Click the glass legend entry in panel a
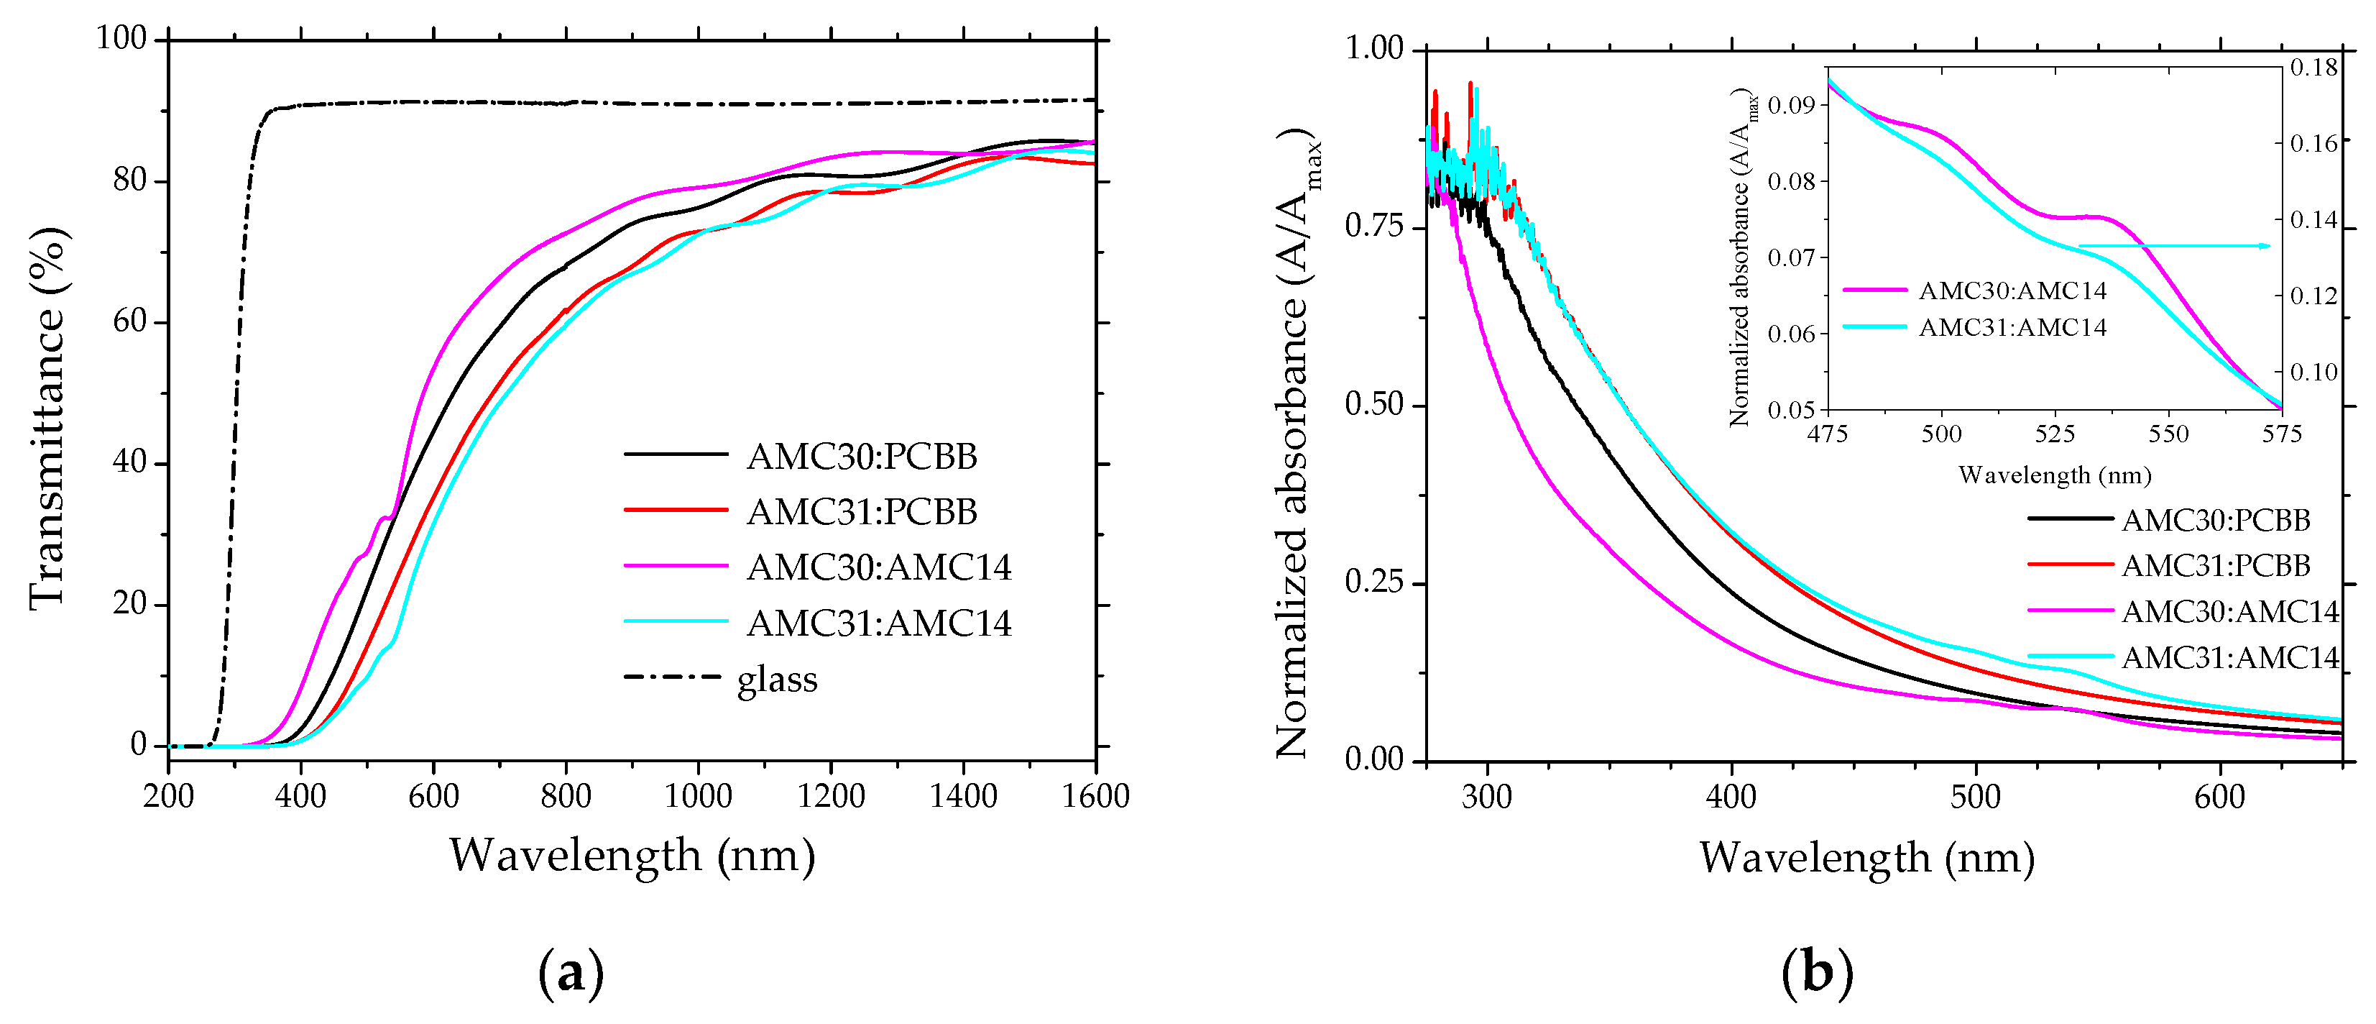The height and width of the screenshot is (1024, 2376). click(x=777, y=680)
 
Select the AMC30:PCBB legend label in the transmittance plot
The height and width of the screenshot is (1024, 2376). click(x=862, y=457)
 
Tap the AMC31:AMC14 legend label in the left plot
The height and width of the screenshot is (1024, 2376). click(x=878, y=623)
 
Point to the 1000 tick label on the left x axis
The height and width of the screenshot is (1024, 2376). click(x=699, y=795)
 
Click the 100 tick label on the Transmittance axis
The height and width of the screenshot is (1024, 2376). click(x=121, y=38)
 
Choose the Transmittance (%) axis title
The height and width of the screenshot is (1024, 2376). click(x=48, y=417)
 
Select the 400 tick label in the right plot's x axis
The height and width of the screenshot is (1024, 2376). click(x=1731, y=796)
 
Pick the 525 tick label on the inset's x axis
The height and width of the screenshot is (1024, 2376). click(x=2054, y=434)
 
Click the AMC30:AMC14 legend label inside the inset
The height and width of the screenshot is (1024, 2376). click(x=2012, y=291)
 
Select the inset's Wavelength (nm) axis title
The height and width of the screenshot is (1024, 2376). click(x=2054, y=475)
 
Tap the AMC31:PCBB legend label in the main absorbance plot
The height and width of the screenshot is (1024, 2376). click(x=2216, y=565)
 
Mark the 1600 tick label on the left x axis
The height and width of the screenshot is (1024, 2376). click(x=1095, y=795)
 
